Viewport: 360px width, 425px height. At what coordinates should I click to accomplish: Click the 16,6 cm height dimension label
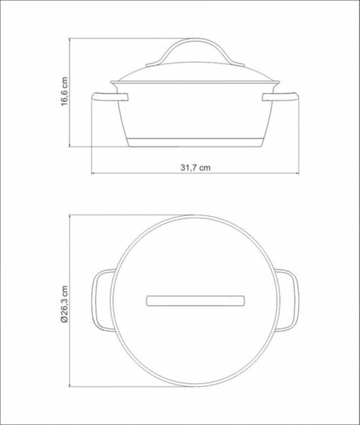coord(64,91)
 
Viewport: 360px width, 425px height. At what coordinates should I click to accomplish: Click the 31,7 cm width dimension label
coord(195,167)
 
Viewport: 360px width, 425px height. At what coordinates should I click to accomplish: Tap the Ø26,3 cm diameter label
coord(64,303)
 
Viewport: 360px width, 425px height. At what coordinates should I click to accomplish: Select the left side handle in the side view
coord(110,97)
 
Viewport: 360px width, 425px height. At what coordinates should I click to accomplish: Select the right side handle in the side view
coord(280,97)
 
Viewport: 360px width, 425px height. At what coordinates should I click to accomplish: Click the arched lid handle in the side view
coord(195,40)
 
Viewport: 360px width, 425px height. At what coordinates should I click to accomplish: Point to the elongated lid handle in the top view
coord(195,301)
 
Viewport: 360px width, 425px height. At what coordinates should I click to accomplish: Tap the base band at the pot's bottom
coord(195,143)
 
